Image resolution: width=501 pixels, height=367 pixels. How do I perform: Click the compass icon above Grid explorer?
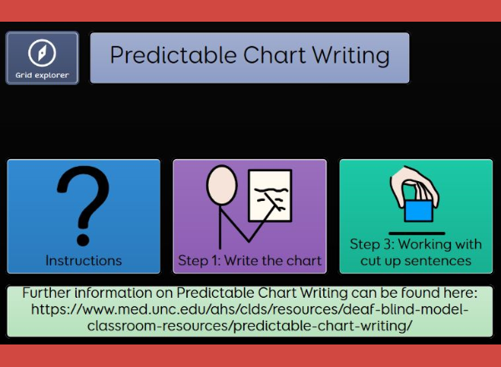click(43, 53)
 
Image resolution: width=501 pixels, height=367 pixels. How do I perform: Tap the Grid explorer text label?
click(43, 75)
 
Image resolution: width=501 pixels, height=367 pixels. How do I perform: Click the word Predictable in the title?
click(173, 55)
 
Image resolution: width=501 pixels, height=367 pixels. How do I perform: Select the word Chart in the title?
click(275, 55)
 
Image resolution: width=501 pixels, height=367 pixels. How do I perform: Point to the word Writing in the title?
click(351, 56)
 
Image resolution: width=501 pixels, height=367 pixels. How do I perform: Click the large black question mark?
click(83, 206)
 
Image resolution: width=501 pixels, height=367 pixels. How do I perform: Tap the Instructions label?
click(83, 261)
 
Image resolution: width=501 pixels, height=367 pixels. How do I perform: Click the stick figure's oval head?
click(222, 185)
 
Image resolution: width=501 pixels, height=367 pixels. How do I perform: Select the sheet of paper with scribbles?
click(270, 195)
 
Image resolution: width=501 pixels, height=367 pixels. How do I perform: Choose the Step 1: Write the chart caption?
click(250, 261)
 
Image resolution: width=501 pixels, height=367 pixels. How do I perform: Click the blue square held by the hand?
click(418, 211)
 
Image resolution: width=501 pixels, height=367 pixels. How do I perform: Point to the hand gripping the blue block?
click(414, 187)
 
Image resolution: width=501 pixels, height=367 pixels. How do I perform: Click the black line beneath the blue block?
click(417, 234)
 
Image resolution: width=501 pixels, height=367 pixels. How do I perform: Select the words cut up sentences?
click(416, 261)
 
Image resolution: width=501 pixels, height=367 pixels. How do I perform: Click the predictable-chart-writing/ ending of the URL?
click(322, 326)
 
